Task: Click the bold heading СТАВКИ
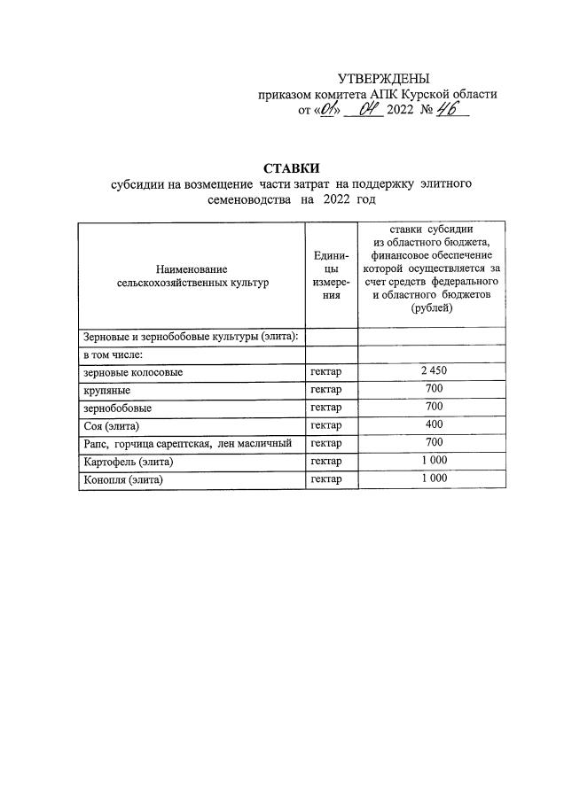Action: pos(290,167)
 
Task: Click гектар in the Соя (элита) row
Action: pos(327,426)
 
